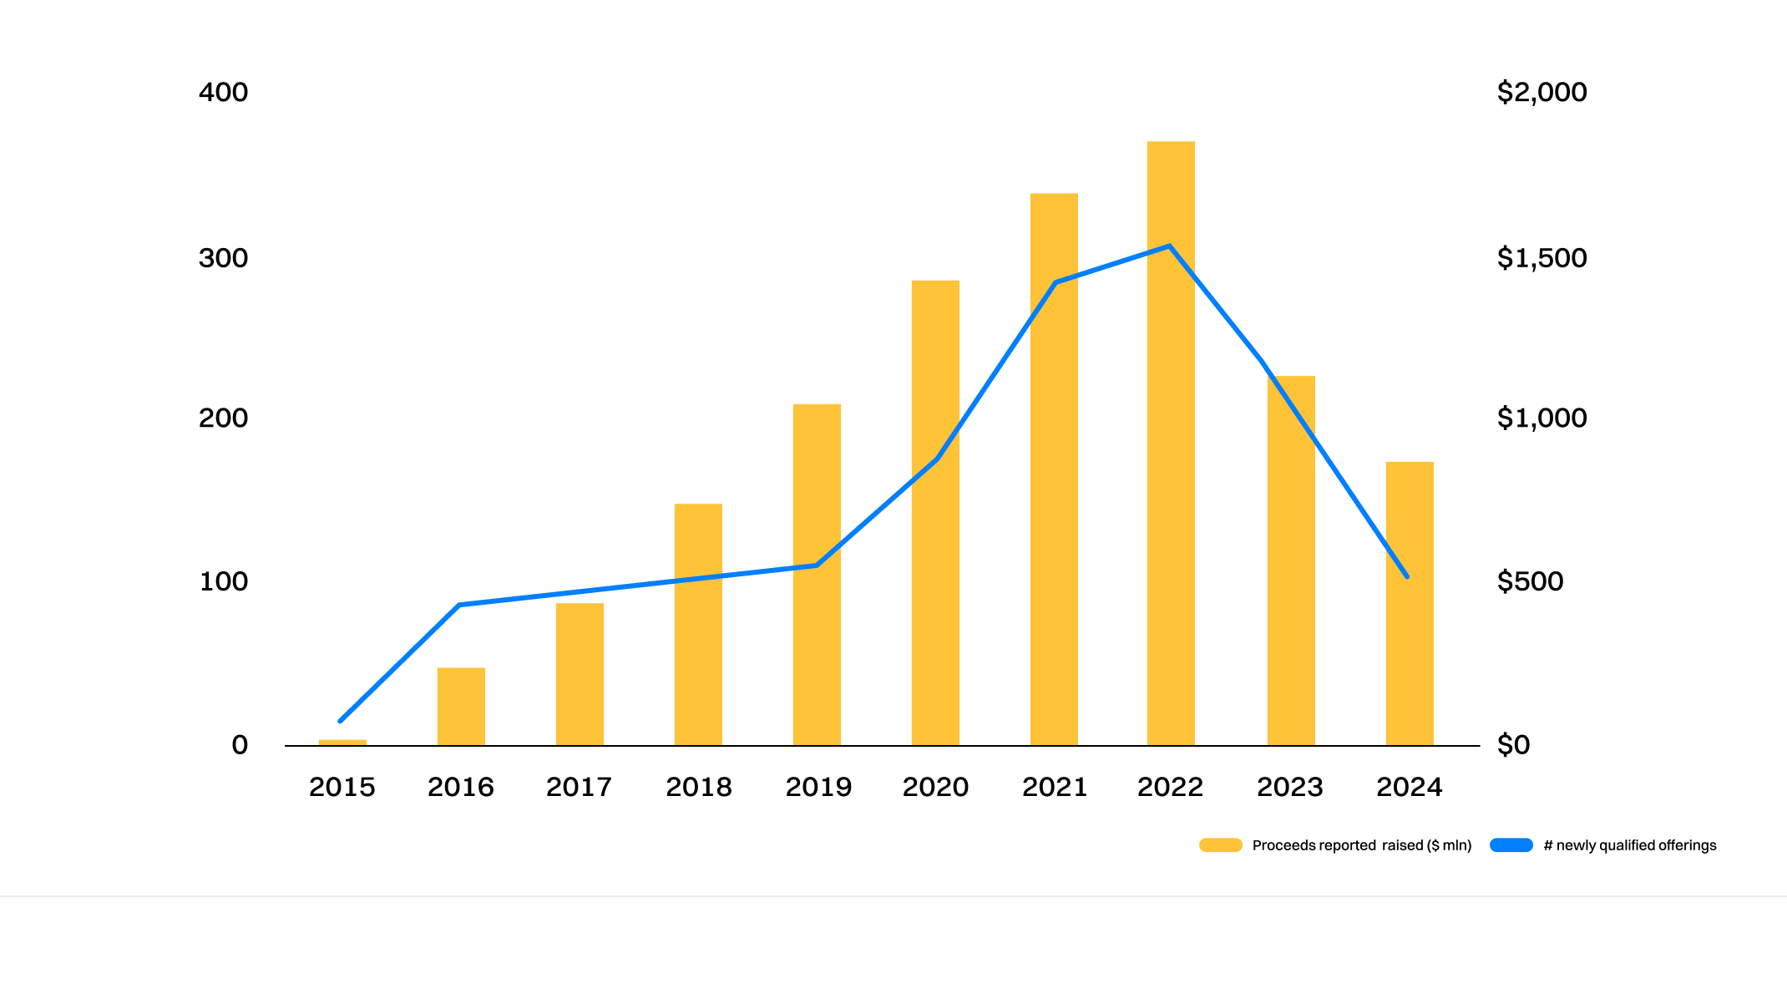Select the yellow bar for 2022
tap(1171, 443)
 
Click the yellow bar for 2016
tap(461, 707)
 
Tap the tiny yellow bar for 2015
tap(342, 743)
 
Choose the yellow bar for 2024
tap(1410, 603)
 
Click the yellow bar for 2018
tap(698, 625)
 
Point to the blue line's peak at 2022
tap(1170, 246)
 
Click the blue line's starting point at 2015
tap(341, 720)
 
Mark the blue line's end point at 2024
tap(1407, 576)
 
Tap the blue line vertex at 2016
tap(459, 605)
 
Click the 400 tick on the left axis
tap(223, 92)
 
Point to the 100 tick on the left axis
tap(223, 581)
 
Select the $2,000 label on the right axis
tap(1541, 92)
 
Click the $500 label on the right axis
tap(1530, 581)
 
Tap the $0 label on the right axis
tap(1513, 744)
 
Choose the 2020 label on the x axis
tap(935, 787)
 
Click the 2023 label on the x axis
tap(1290, 787)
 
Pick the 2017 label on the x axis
tap(579, 787)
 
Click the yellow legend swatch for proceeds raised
tap(1220, 845)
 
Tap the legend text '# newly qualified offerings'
tap(1629, 845)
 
